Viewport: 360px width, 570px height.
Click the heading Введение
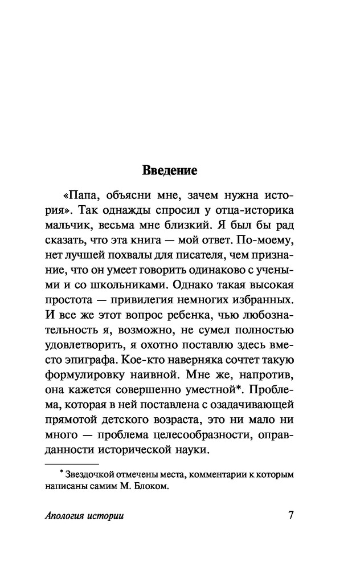[169, 170]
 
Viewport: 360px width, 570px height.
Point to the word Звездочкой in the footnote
[92, 474]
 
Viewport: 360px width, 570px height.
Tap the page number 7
[291, 516]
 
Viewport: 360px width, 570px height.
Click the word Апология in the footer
[66, 516]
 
